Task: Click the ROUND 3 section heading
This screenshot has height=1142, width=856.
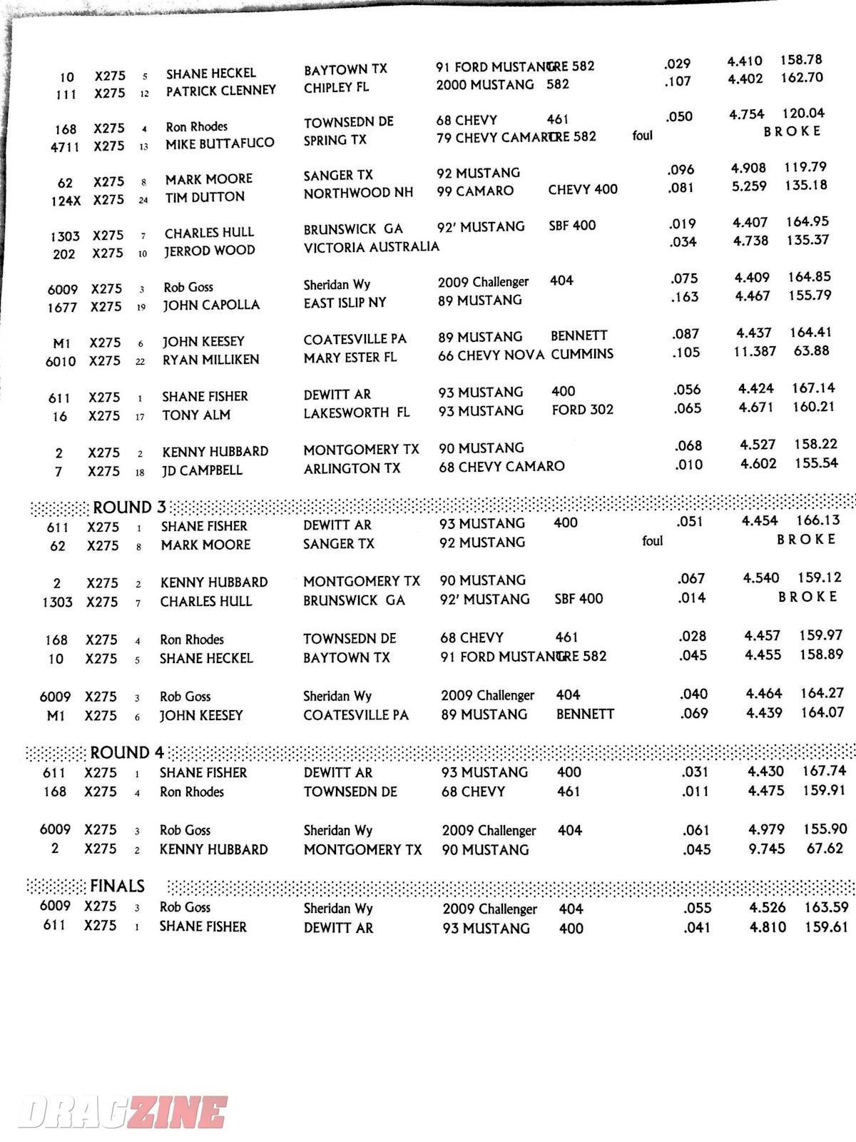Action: (x=129, y=507)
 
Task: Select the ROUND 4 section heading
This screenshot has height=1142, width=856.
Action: (x=127, y=753)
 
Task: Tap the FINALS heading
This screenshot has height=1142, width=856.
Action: (x=117, y=886)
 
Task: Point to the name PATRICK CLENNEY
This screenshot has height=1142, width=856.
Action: (x=220, y=91)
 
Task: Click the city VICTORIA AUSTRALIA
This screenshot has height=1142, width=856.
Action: (x=371, y=247)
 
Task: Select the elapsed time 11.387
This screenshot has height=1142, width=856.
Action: (x=755, y=351)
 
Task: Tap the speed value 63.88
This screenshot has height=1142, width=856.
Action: (x=811, y=350)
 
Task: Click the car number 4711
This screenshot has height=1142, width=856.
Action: (x=65, y=147)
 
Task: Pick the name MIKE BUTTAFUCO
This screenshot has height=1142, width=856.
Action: (x=220, y=143)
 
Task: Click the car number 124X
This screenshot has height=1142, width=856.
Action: (x=66, y=201)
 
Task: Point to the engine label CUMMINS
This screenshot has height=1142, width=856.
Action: (x=581, y=353)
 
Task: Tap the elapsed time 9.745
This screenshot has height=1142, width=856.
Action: (x=766, y=849)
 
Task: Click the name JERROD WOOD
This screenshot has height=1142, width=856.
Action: (x=209, y=251)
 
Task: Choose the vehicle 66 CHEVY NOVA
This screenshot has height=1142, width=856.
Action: (x=491, y=355)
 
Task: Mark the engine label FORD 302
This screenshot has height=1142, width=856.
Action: (x=582, y=410)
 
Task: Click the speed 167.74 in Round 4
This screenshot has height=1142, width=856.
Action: (x=824, y=771)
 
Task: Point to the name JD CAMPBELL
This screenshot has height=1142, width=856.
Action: (x=202, y=470)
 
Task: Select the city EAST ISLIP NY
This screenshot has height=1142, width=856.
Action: (x=345, y=303)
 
